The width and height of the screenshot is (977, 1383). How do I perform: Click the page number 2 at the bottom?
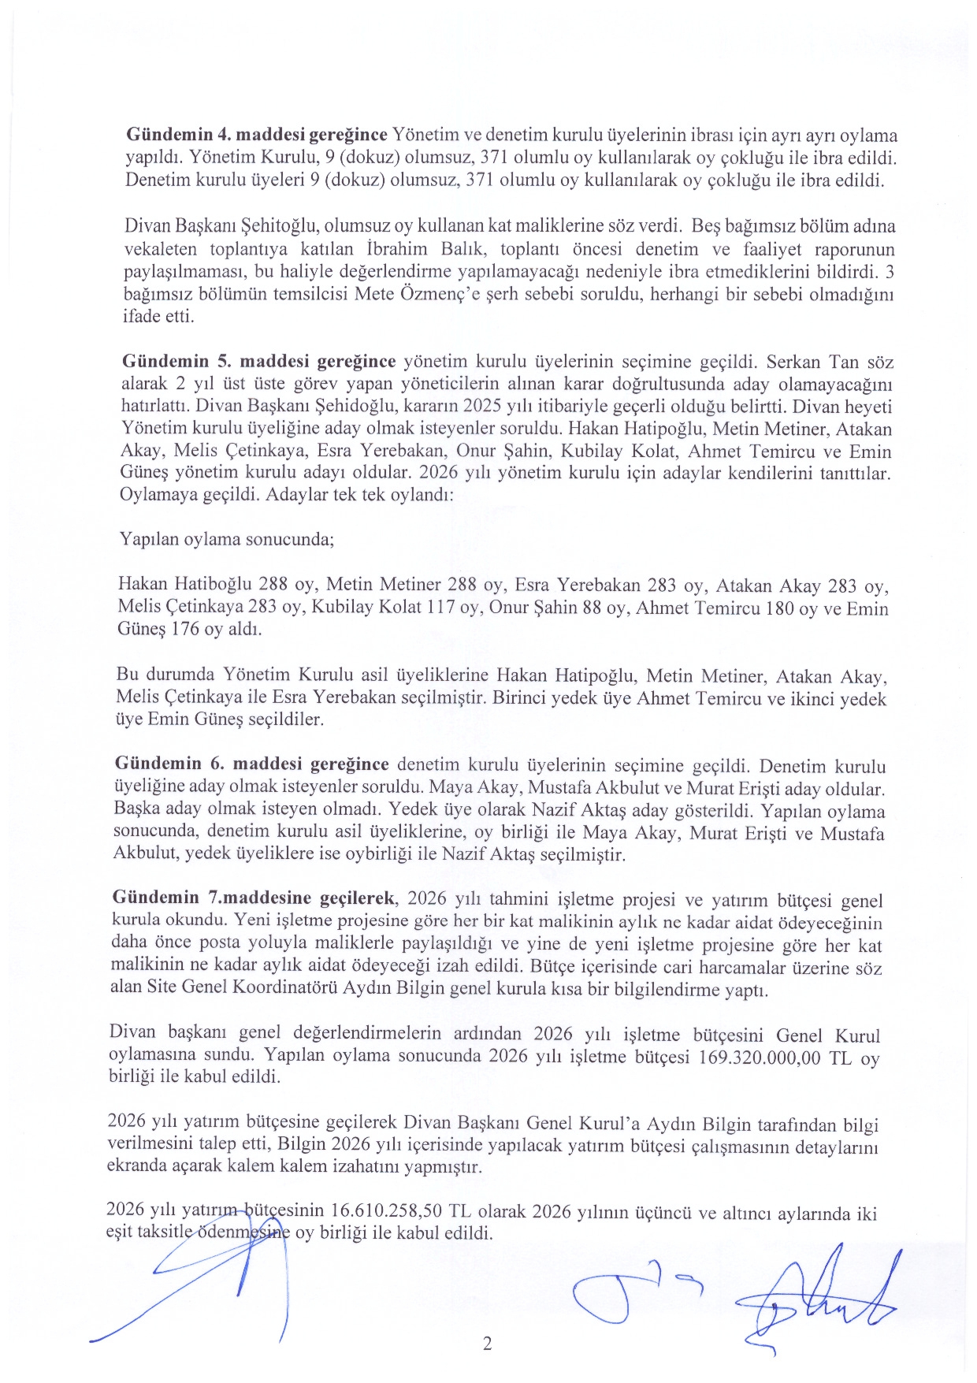click(487, 1344)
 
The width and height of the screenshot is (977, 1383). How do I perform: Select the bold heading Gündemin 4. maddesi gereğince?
click(257, 135)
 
